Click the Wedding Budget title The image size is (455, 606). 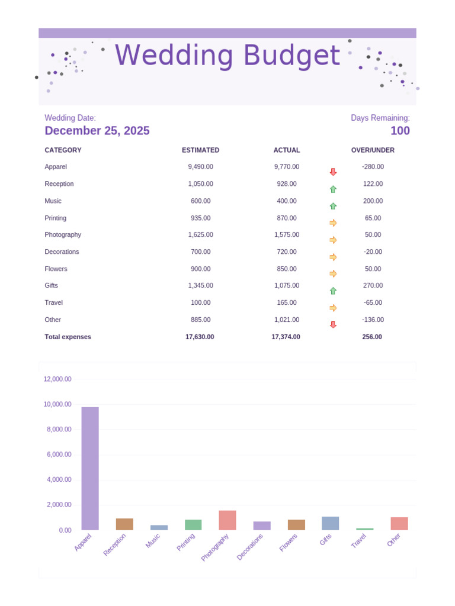pos(227,56)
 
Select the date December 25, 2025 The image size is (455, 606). pos(97,131)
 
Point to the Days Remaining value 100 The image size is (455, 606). pos(400,131)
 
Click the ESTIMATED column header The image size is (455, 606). pos(200,150)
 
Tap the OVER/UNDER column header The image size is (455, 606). pos(373,150)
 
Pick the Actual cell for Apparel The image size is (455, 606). pos(287,167)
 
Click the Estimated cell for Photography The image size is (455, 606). pos(200,235)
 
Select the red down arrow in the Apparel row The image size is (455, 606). pos(333,172)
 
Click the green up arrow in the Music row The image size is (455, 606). pos(333,206)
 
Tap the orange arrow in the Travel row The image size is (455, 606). pos(333,308)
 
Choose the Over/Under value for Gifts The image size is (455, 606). pos(373,285)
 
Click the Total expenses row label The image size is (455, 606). pos(68,337)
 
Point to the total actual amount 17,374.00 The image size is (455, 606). pos(286,337)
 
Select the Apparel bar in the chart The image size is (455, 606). pos(90,468)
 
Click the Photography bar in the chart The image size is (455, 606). pos(227,520)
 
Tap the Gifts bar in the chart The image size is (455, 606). pos(331,523)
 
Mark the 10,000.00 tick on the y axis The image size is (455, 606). pos(57,404)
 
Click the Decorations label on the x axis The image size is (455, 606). pos(250,546)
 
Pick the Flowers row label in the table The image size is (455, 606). pos(56,269)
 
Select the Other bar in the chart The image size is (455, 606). pos(399,524)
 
